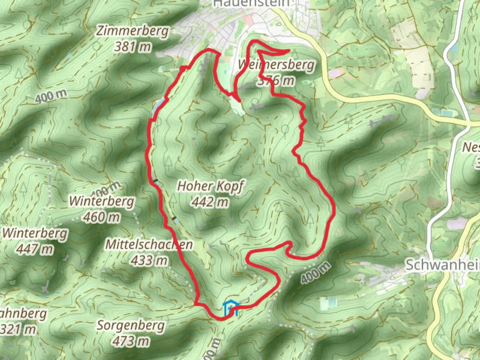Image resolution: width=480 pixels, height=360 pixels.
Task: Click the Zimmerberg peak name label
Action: coord(133,31)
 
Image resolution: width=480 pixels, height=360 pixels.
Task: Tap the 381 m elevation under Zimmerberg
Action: coord(133,47)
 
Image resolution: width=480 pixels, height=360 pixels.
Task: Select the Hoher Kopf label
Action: coord(210,186)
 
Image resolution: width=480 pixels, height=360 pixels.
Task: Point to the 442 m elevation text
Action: coord(210,202)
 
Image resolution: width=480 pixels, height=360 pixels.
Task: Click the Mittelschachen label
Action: coord(149,244)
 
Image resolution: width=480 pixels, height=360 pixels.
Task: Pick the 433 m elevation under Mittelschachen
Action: coord(149,260)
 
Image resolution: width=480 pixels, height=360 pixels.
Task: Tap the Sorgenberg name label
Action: coord(131,325)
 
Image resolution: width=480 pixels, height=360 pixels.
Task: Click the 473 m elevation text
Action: coord(131,341)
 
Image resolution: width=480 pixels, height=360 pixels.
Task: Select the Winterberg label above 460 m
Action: coord(102,201)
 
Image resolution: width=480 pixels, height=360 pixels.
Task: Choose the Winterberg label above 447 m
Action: coord(35,233)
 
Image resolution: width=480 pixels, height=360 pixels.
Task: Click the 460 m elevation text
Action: coord(102,217)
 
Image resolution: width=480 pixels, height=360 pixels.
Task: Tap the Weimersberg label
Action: coord(276,64)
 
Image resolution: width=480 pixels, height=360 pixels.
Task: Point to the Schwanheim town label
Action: coord(442,265)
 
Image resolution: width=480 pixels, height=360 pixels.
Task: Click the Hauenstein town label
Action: coord(251,3)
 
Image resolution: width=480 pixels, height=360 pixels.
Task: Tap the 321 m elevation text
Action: coord(18,329)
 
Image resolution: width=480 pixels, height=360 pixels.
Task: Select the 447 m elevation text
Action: coord(35,249)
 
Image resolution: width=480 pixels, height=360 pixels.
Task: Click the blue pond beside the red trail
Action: coord(158,106)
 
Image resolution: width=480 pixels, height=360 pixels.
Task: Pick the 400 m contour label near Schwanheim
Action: coord(316,273)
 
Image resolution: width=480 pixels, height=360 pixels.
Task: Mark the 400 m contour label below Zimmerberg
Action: coord(51,96)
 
